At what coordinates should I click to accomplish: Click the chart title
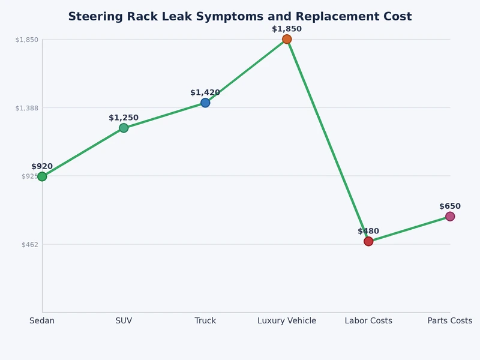pyautogui.click(x=240, y=17)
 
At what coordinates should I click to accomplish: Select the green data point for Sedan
pyautogui.click(x=42, y=176)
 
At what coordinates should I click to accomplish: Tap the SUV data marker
pyautogui.click(x=124, y=128)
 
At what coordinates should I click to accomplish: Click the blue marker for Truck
pyautogui.click(x=205, y=103)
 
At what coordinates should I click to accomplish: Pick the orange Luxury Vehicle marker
pyautogui.click(x=287, y=40)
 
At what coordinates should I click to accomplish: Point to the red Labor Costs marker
pyautogui.click(x=368, y=241)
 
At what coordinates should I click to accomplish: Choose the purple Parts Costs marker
pyautogui.click(x=450, y=217)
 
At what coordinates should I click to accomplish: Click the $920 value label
pyautogui.click(x=42, y=166)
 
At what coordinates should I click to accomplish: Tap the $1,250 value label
pyautogui.click(x=124, y=118)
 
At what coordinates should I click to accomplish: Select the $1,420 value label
pyautogui.click(x=205, y=92)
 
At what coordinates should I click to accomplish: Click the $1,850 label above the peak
pyautogui.click(x=287, y=29)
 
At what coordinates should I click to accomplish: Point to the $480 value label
pyautogui.click(x=368, y=231)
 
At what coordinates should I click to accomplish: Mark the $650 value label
pyautogui.click(x=450, y=206)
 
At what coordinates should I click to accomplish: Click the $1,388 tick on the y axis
pyautogui.click(x=26, y=108)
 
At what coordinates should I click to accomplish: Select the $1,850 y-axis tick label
pyautogui.click(x=26, y=40)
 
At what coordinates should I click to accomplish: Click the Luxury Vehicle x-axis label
pyautogui.click(x=287, y=321)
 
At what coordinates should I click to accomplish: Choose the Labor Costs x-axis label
pyautogui.click(x=368, y=321)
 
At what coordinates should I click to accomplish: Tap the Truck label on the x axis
pyautogui.click(x=205, y=321)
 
